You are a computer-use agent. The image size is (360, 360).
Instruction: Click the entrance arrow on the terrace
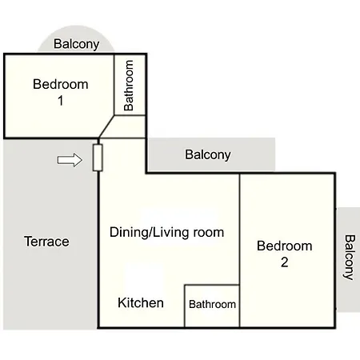click(x=70, y=160)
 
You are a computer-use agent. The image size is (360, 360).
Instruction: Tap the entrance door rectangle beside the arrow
click(x=98, y=158)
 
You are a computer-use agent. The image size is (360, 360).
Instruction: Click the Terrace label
click(x=46, y=242)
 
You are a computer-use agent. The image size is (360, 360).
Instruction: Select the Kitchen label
click(x=141, y=302)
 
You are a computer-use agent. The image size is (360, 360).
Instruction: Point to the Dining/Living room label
click(x=166, y=232)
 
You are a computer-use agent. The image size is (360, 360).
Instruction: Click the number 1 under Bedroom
click(x=61, y=101)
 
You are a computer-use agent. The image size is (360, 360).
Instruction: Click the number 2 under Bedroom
click(x=285, y=262)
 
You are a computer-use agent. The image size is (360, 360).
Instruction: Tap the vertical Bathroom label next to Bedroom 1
click(x=129, y=86)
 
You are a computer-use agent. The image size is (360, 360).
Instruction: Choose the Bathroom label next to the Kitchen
click(x=212, y=304)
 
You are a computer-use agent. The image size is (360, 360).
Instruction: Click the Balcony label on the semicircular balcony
click(x=77, y=44)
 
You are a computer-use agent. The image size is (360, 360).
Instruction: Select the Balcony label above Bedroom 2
click(x=208, y=154)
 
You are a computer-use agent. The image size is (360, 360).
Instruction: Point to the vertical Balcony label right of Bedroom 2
click(x=349, y=258)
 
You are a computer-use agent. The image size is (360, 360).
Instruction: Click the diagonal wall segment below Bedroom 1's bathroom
click(x=106, y=126)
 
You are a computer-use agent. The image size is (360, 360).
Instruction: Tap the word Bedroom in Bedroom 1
click(x=61, y=84)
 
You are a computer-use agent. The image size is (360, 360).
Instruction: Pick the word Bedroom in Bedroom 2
click(x=285, y=246)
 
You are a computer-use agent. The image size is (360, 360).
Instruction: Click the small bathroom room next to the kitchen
click(x=212, y=306)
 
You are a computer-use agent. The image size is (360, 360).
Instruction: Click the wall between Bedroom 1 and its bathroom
click(x=114, y=85)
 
